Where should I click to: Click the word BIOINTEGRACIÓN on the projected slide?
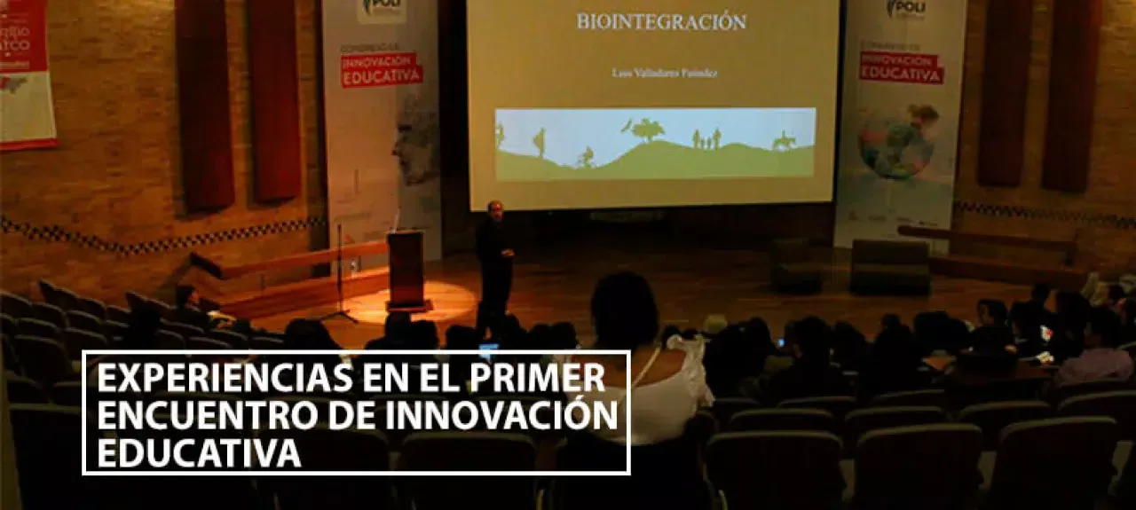661,21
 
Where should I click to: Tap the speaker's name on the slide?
665,73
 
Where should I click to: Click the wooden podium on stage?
406,267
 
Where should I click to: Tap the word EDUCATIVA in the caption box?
198,452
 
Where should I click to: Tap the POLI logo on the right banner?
906,9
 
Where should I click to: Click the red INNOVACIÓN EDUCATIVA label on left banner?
382,69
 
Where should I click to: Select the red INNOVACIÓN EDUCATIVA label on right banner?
901,67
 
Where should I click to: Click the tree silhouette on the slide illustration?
647,129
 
